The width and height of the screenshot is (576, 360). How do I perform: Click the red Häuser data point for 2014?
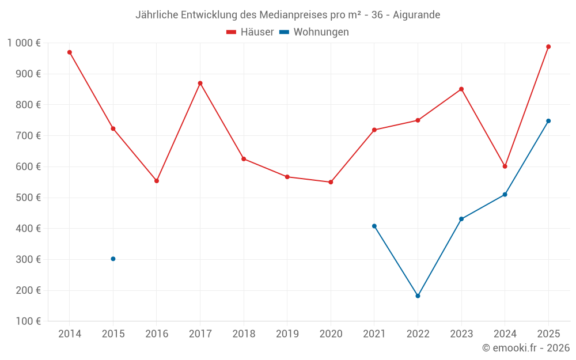tap(70, 52)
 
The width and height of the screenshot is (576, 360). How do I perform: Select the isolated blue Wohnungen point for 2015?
tap(113, 259)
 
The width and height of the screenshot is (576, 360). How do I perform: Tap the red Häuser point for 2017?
tap(200, 83)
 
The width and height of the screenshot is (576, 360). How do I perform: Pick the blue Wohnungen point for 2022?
tap(418, 296)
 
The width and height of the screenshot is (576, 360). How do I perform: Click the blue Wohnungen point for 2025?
tap(548, 121)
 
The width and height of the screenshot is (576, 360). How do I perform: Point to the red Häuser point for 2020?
tap(331, 182)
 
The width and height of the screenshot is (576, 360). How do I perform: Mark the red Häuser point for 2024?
tap(505, 166)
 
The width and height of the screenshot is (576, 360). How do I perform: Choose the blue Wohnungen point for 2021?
tap(374, 226)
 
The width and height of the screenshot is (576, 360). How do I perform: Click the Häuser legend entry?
tap(250, 32)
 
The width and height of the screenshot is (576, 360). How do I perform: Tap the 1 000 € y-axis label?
tap(24, 43)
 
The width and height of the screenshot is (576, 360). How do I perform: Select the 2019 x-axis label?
tap(287, 334)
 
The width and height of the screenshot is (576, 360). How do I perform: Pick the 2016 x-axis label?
tap(157, 334)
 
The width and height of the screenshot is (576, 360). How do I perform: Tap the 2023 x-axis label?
tap(461, 334)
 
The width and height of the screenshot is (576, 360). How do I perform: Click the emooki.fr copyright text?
tap(525, 348)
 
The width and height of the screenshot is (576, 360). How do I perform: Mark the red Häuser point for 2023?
tap(461, 89)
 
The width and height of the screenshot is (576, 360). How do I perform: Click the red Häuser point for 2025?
tap(548, 47)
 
